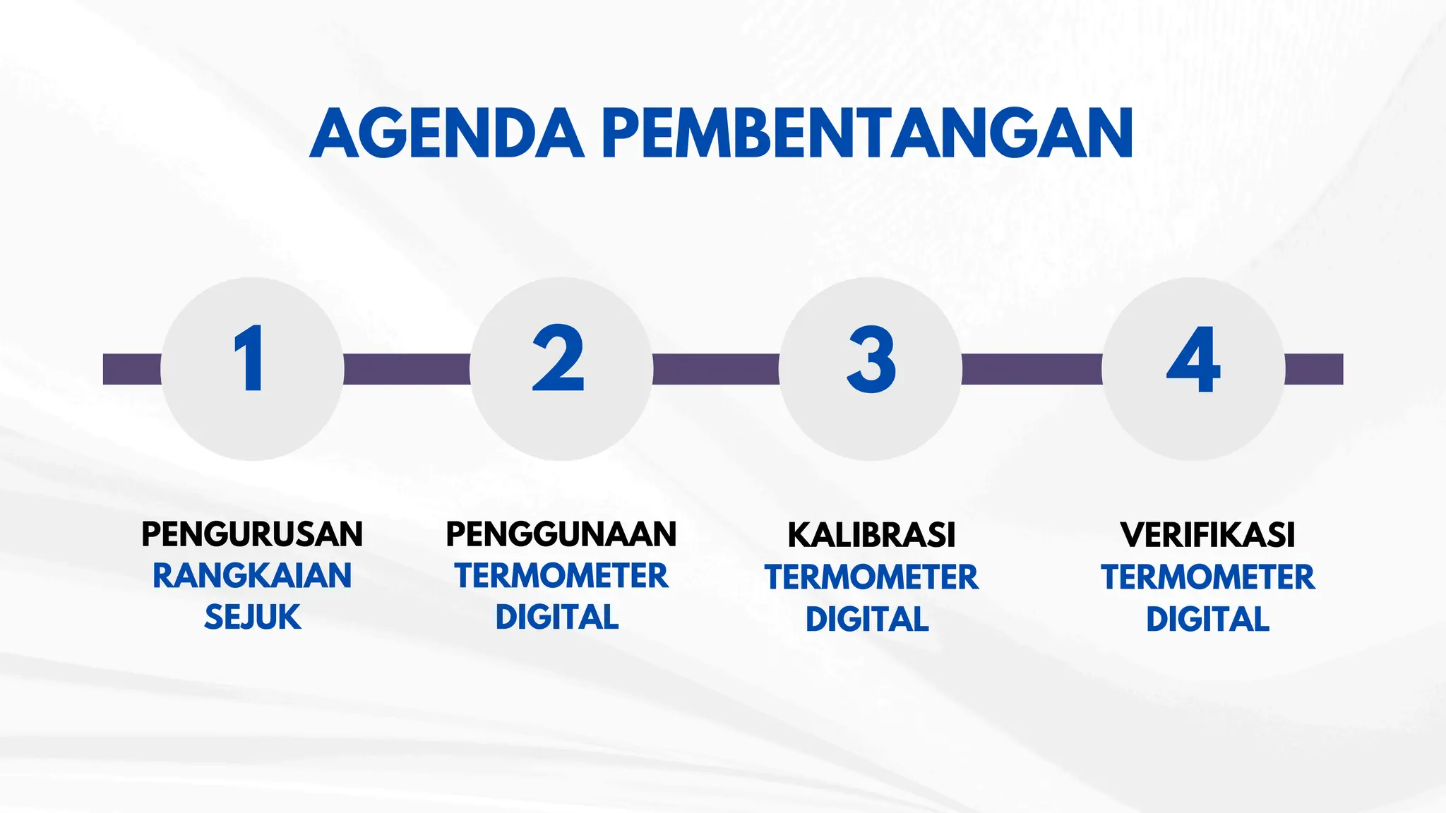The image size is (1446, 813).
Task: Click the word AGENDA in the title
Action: click(x=446, y=133)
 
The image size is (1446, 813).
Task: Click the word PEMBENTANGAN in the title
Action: click(x=868, y=133)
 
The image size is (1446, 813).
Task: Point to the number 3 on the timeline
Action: click(x=871, y=360)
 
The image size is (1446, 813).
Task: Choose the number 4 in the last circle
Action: click(x=1193, y=360)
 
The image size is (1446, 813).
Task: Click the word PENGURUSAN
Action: click(x=252, y=534)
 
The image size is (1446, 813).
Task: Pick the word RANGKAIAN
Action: click(x=252, y=576)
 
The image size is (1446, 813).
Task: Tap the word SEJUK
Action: click(x=252, y=618)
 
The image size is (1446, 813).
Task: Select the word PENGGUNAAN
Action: click(x=561, y=534)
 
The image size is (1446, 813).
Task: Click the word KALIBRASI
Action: click(x=871, y=535)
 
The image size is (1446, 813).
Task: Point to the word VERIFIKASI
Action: click(x=1207, y=535)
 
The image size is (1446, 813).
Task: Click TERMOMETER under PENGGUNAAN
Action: click(x=561, y=576)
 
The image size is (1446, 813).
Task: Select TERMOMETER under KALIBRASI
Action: click(x=871, y=577)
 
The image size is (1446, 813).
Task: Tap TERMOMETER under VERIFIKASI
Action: click(x=1207, y=577)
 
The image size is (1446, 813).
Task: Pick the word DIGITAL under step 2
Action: click(x=557, y=618)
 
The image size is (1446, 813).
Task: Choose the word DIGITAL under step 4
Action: click(x=1207, y=620)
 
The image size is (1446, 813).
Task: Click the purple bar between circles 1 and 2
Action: click(x=407, y=369)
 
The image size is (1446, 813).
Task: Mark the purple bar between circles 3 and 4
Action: click(x=1032, y=369)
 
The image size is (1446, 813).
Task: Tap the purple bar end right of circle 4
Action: click(x=1314, y=369)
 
